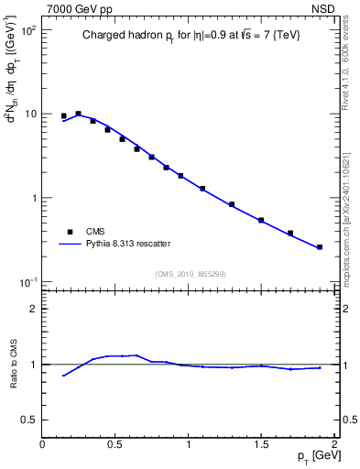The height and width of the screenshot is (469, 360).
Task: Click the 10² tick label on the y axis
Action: pyautogui.click(x=27, y=30)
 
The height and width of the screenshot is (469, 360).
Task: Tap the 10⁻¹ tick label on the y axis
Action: pyautogui.click(x=27, y=281)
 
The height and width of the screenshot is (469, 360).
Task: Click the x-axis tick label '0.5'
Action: pyautogui.click(x=115, y=444)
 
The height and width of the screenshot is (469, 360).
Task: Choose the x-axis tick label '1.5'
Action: pyautogui.click(x=261, y=444)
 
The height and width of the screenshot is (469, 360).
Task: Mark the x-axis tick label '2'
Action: pyautogui.click(x=334, y=444)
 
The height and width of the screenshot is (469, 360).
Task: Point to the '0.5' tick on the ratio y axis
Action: pyautogui.click(x=28, y=420)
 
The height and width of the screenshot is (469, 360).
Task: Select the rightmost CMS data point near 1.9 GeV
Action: pyautogui.click(x=320, y=247)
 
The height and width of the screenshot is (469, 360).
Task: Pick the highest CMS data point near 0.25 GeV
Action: pyautogui.click(x=78, y=114)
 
